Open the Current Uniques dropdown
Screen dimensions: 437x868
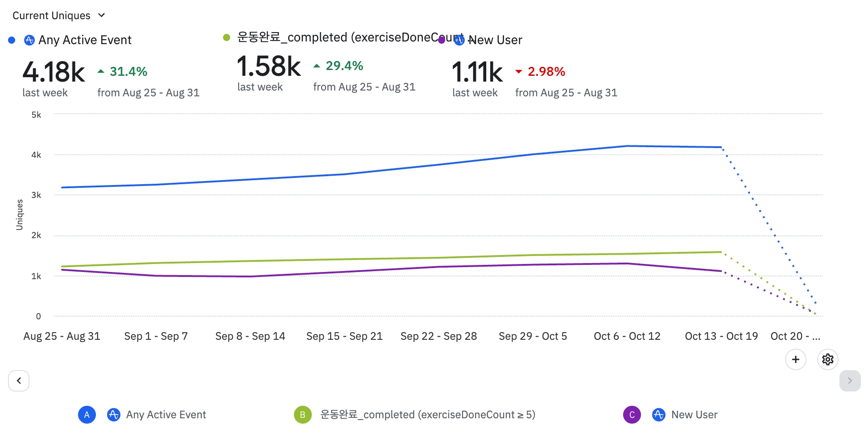(x=58, y=16)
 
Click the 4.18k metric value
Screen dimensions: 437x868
(x=54, y=72)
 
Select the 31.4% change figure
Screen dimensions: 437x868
(x=128, y=71)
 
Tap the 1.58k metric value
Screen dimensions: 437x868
(x=269, y=66)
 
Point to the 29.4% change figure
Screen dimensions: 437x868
(x=344, y=66)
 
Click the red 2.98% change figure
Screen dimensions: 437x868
(x=546, y=71)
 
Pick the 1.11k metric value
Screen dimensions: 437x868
(x=477, y=72)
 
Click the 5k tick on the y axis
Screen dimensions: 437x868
(x=36, y=115)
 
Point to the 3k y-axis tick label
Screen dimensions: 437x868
(x=36, y=195)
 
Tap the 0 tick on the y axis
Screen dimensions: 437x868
(x=38, y=316)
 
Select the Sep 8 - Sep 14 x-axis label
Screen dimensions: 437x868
(x=250, y=336)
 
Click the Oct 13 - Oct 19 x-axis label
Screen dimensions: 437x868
(x=721, y=336)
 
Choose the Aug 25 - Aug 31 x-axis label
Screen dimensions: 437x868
(x=62, y=336)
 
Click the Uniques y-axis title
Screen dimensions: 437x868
(x=19, y=214)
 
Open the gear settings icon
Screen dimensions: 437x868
(x=828, y=359)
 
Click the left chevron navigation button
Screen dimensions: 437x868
(x=19, y=381)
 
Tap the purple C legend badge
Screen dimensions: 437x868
(x=632, y=415)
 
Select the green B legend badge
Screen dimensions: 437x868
(x=302, y=415)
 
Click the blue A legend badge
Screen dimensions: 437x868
(x=87, y=415)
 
